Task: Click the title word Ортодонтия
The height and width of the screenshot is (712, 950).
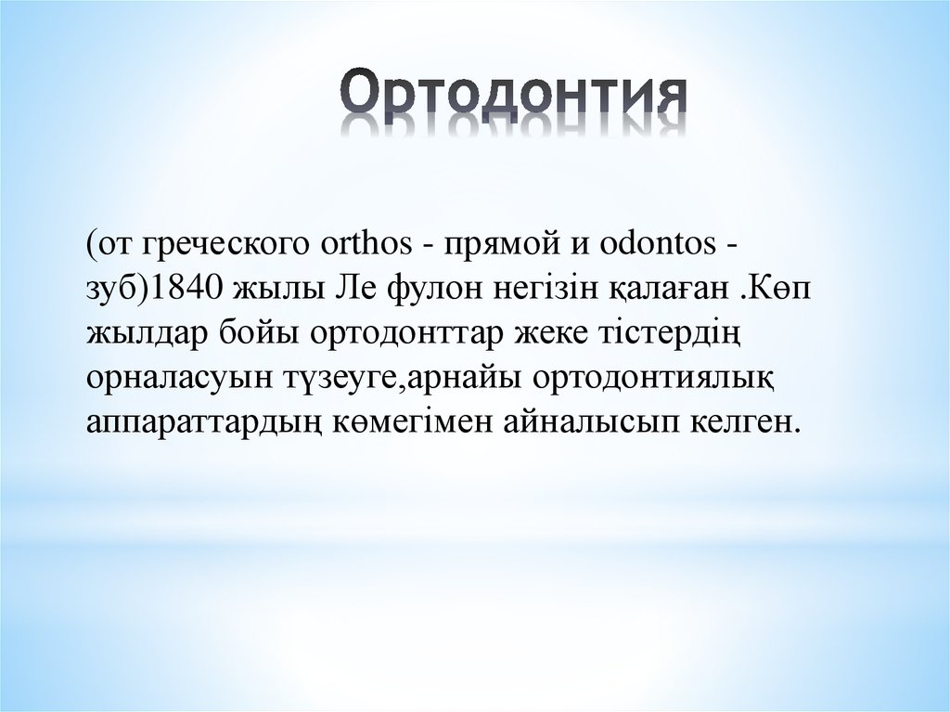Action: pyautogui.click(x=512, y=96)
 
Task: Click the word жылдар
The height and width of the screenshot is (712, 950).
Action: pyautogui.click(x=141, y=332)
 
